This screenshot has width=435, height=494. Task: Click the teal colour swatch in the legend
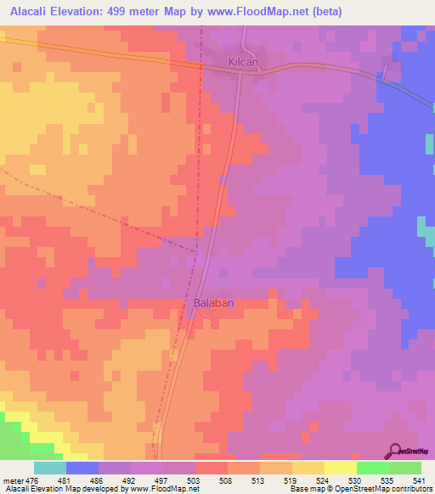49,469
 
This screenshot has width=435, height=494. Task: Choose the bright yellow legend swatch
340,469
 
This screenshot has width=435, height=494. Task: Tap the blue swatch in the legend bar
82,469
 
